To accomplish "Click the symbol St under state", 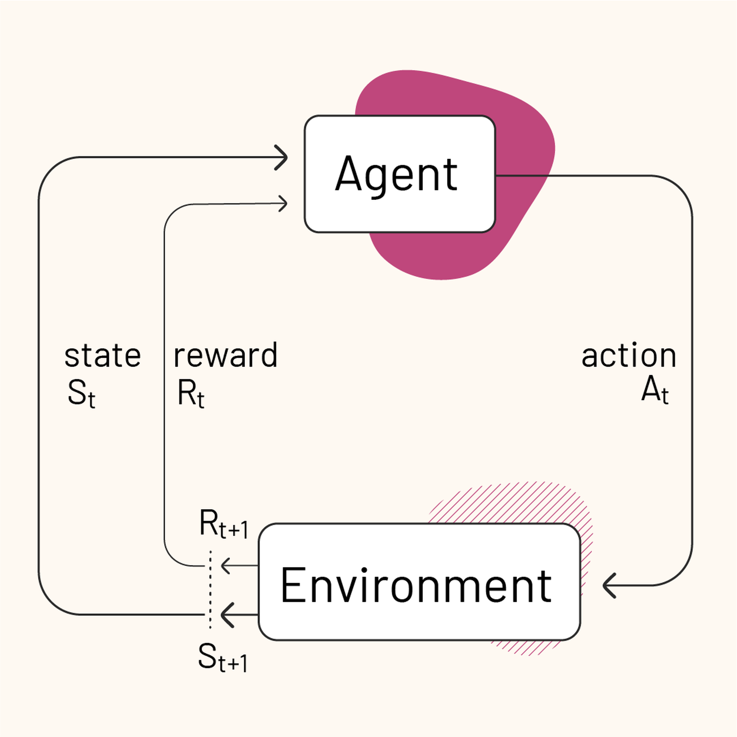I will point(81,394).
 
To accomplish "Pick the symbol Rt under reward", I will point(191,394).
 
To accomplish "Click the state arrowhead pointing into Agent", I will point(282,157).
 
